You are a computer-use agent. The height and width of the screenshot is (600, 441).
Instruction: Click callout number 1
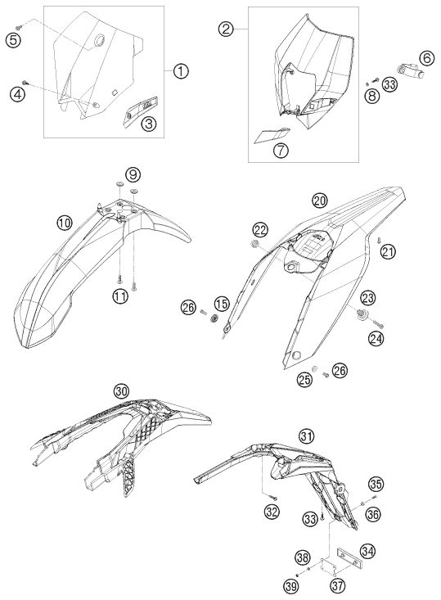point(181,70)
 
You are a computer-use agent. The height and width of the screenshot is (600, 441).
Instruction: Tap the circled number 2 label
point(226,29)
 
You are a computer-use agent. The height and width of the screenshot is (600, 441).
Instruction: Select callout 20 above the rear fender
point(320,200)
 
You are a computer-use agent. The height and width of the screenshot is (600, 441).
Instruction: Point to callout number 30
point(121,391)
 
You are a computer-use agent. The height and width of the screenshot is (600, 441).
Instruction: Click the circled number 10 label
point(65,223)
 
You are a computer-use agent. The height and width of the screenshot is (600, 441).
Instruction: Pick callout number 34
point(367,551)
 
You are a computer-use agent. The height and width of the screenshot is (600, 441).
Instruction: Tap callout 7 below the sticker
point(281,151)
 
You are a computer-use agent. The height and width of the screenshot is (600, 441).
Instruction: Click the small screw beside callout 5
point(19,27)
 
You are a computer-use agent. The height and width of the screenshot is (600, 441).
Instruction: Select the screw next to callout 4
point(25,83)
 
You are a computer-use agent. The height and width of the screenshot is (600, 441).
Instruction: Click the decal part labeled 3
point(141,108)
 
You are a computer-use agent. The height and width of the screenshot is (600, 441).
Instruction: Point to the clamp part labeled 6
point(409,70)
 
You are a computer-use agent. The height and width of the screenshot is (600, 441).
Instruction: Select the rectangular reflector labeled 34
point(349,555)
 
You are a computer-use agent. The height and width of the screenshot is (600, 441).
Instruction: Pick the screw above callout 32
point(273,498)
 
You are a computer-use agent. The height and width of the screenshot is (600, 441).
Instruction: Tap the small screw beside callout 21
point(377,240)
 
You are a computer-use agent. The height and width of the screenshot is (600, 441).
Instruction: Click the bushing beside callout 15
point(214,318)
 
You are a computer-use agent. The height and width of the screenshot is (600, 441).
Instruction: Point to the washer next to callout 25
point(315,369)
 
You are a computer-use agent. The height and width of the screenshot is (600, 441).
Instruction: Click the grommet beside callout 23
point(360,314)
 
